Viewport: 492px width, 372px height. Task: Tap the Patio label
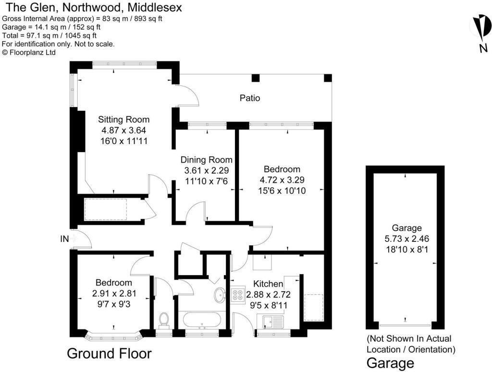point(250,98)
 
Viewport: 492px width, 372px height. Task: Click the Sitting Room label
point(123,120)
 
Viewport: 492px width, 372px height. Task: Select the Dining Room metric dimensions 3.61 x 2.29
point(206,170)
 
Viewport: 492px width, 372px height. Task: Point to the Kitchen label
point(268,284)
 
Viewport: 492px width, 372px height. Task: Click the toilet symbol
point(163,321)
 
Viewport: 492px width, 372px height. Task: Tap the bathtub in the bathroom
point(200,320)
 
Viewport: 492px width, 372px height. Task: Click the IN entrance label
point(65,239)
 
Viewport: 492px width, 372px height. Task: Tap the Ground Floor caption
point(109,354)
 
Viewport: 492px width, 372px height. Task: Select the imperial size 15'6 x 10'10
point(282,191)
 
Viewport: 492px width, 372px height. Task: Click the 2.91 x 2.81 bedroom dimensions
point(113,293)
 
